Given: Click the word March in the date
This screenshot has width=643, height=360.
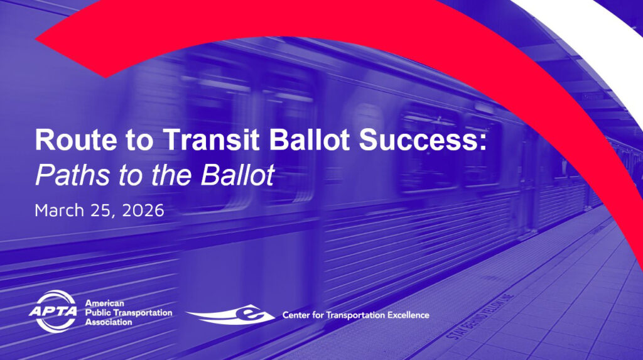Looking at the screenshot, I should coord(60,210).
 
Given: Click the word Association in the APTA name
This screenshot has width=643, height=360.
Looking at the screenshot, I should coord(108,322).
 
